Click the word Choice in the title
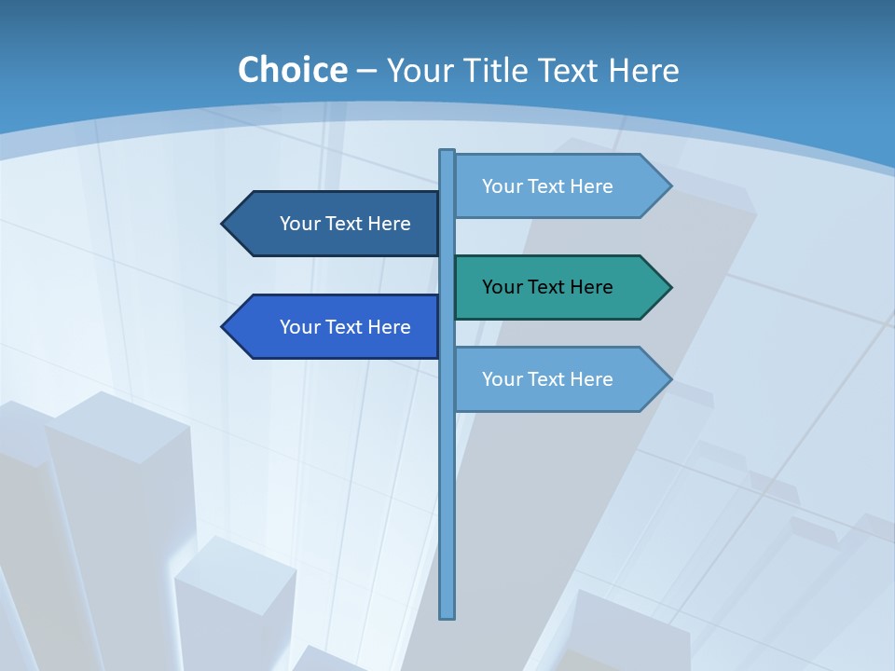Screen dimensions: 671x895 click(x=292, y=70)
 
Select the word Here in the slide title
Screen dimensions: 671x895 click(x=643, y=70)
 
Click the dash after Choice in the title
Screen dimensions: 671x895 click(x=366, y=71)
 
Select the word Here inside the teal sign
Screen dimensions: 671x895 click(x=592, y=287)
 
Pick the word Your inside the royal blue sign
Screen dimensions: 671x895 click(x=299, y=327)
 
